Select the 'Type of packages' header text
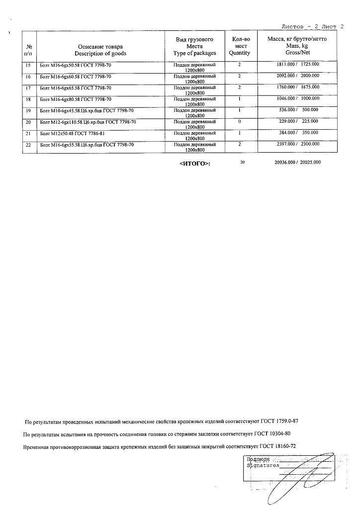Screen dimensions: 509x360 point(195,53)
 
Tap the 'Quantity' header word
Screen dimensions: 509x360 point(239,53)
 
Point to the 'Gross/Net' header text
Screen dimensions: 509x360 point(296,52)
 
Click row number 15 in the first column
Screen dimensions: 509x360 point(28,65)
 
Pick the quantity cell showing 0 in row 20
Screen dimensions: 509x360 point(239,122)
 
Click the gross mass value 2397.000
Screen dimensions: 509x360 point(286,144)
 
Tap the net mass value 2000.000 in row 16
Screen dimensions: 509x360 point(310,76)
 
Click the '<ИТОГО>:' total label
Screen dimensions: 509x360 point(194,163)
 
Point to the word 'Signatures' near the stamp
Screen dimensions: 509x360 point(263,466)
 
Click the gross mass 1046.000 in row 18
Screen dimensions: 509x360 point(287,99)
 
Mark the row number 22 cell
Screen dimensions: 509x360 point(28,145)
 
